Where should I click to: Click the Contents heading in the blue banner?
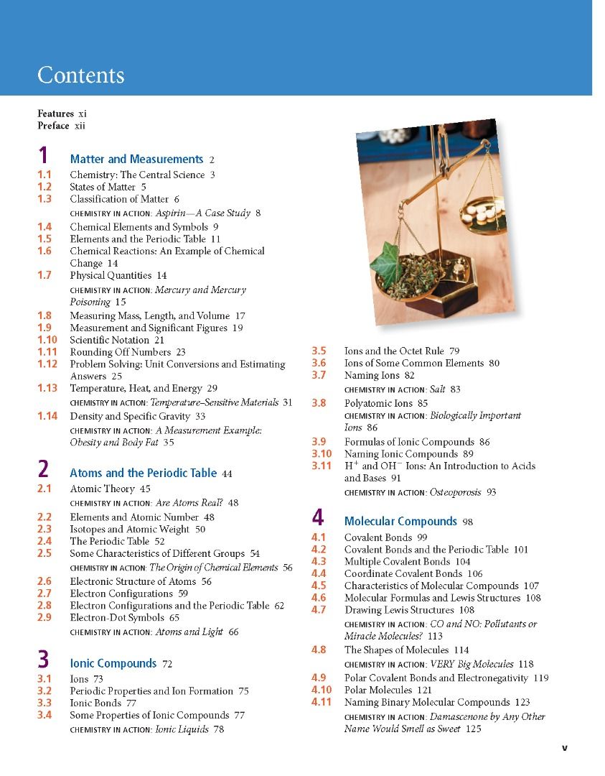(80, 75)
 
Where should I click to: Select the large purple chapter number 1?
(43, 157)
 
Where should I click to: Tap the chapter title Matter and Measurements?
(136, 160)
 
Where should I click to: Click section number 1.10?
(47, 340)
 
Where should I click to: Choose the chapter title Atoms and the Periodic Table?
(143, 474)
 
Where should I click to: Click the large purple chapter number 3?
(43, 660)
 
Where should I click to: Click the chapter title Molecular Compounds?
(400, 522)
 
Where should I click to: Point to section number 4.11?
(322, 702)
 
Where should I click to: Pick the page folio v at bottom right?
(564, 747)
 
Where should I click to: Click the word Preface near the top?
(53, 126)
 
